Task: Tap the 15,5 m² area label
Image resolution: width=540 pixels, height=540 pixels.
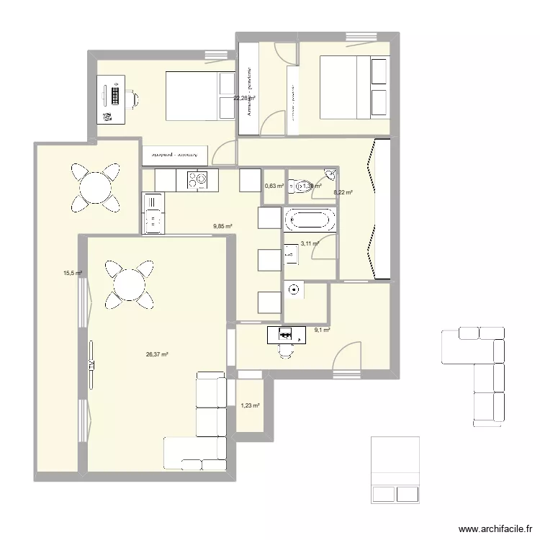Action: pyautogui.click(x=73, y=274)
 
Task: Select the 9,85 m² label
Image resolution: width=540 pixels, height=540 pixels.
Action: pyautogui.click(x=222, y=226)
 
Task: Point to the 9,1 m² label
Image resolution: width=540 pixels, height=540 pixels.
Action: pyautogui.click(x=321, y=330)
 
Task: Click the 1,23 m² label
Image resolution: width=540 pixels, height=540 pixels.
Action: pyautogui.click(x=250, y=406)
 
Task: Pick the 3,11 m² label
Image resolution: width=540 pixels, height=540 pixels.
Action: pyautogui.click(x=310, y=244)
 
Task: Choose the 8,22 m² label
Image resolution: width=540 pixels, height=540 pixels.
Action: pyautogui.click(x=343, y=192)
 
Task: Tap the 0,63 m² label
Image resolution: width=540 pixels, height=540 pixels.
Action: pyautogui.click(x=274, y=186)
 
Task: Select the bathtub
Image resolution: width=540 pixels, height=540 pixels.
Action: pyautogui.click(x=310, y=219)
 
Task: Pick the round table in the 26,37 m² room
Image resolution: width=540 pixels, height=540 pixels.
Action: pyautogui.click(x=130, y=283)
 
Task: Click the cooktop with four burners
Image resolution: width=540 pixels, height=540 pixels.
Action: pyautogui.click(x=197, y=181)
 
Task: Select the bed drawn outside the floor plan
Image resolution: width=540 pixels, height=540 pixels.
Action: pyautogui.click(x=396, y=469)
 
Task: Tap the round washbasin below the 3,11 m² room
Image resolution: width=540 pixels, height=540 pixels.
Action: pyautogui.click(x=293, y=290)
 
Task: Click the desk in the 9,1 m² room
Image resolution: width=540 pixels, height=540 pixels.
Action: pyautogui.click(x=287, y=335)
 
